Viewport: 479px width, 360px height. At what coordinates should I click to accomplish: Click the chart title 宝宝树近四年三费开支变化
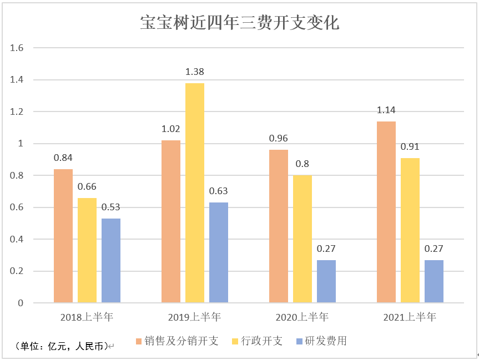pos(239,23)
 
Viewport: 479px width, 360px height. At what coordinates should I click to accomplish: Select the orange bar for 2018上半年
pos(63,236)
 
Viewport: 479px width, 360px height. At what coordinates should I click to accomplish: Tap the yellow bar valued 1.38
pos(195,192)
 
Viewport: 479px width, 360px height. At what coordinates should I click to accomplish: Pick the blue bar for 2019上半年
pos(219,252)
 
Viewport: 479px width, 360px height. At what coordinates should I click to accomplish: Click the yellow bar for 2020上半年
pos(302,239)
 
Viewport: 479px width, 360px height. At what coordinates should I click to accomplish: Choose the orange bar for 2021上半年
pos(386,212)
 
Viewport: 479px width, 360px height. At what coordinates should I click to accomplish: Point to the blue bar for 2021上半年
pos(434,281)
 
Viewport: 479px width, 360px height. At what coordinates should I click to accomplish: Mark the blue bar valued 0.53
pos(111,260)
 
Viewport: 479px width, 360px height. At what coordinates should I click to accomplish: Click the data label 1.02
pos(171,129)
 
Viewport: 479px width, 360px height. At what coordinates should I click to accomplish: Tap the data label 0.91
pos(410,147)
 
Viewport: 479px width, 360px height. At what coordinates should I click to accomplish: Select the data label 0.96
pos(279,139)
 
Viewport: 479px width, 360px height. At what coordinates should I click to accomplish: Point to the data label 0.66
pos(87,187)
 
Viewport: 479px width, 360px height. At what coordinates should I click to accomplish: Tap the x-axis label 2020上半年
pos(302,317)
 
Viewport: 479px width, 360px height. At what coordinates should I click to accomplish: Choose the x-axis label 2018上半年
pos(87,317)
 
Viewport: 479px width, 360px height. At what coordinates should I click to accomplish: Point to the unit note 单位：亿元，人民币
pos(61,346)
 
